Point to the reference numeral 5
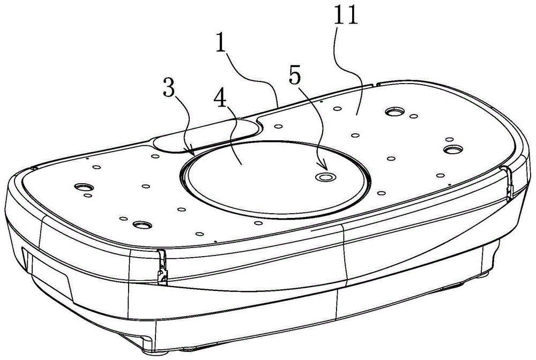point(293,76)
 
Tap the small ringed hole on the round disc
point(324,177)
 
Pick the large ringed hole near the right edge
point(454,148)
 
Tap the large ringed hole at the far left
point(83,187)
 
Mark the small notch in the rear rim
point(374,84)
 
